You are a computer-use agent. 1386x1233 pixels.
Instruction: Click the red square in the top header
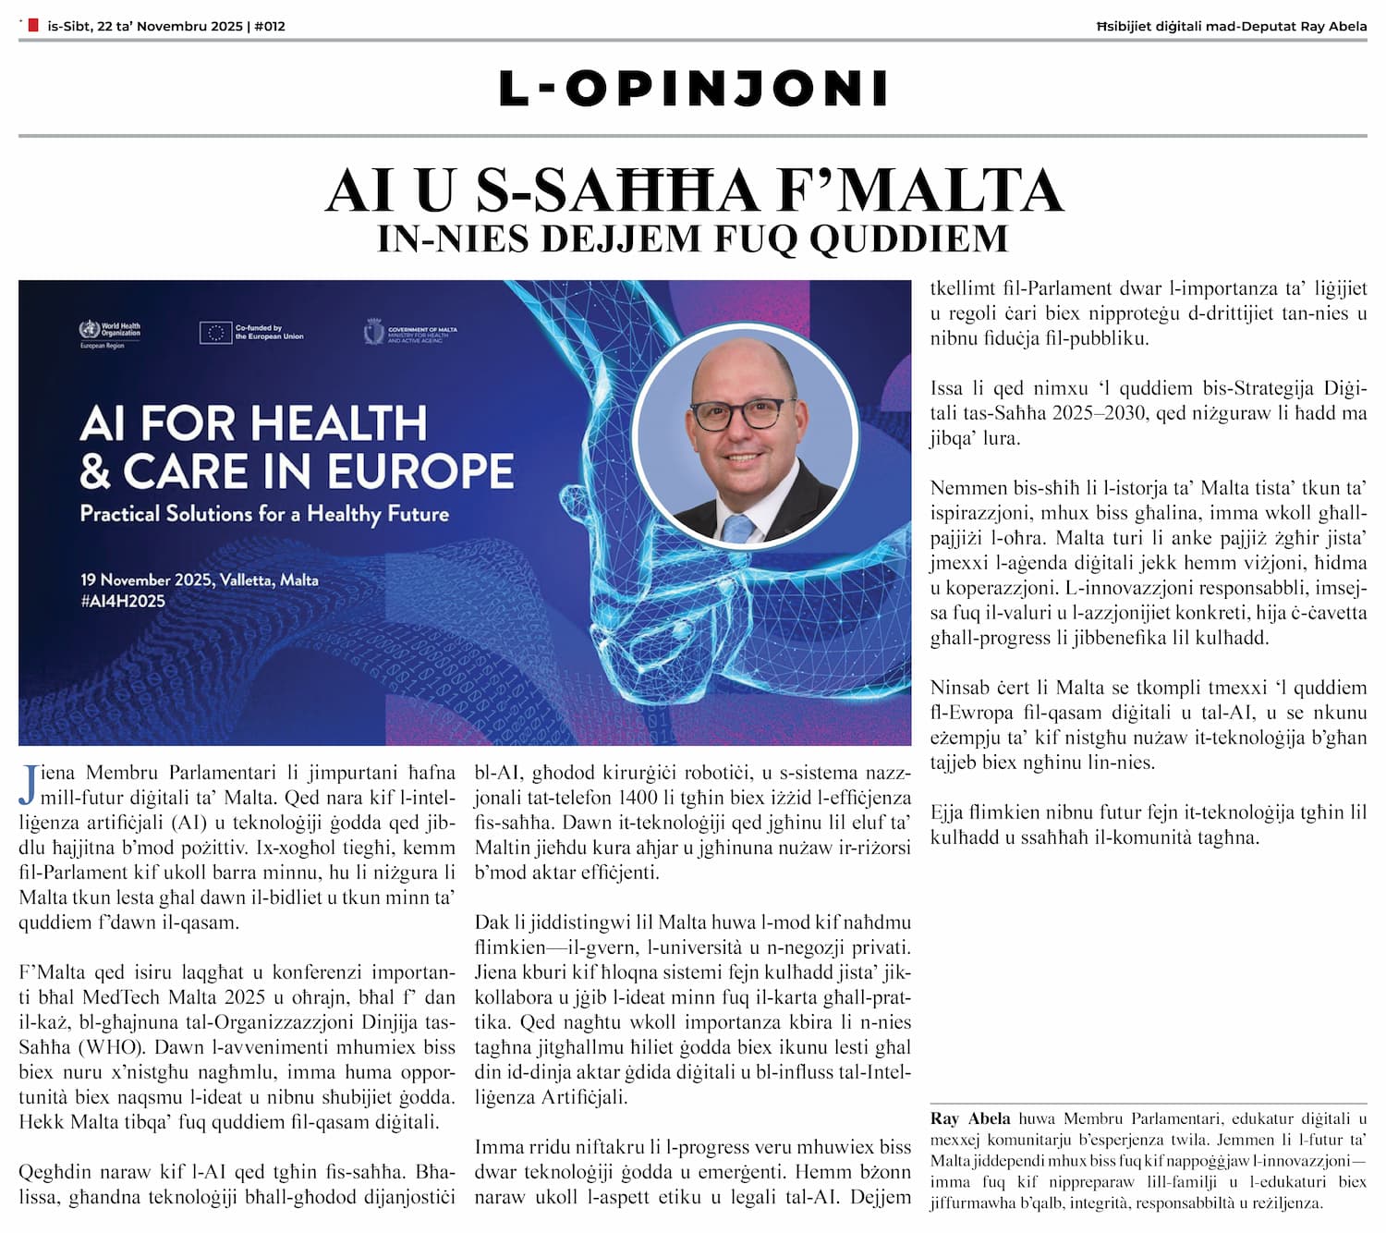pos(33,26)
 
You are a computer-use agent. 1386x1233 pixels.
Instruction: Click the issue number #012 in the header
pos(269,26)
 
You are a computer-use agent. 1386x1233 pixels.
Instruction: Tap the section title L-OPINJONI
pos(693,89)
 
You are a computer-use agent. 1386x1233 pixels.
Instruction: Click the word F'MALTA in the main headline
pos(920,190)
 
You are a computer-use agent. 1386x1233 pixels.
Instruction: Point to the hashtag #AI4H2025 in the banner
pos(122,602)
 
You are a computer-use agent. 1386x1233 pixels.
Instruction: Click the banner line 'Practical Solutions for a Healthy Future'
pos(264,514)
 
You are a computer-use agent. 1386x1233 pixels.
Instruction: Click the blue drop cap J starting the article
pos(29,785)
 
